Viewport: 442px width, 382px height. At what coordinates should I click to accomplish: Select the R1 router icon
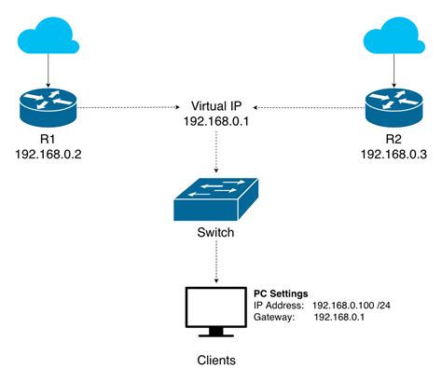(x=49, y=107)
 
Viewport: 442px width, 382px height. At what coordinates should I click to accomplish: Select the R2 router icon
(x=393, y=107)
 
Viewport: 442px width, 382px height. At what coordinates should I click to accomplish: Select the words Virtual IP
(x=220, y=104)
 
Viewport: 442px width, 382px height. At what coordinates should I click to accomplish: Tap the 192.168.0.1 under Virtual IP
(x=220, y=120)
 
